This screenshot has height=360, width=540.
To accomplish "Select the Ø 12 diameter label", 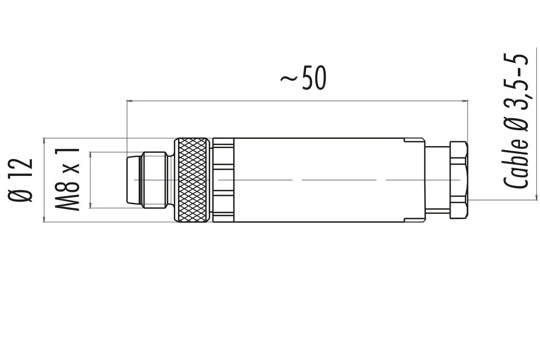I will (x=23, y=179).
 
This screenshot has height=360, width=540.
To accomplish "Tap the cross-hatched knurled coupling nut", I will (x=192, y=180).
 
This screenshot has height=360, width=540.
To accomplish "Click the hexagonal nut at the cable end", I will (x=459, y=180).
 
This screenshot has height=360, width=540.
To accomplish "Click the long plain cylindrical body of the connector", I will (x=319, y=180).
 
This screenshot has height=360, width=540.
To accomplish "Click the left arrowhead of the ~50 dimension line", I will (x=129, y=100).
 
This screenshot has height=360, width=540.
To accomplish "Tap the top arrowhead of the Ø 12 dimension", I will (x=45, y=140).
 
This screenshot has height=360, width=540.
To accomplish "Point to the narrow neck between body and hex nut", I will (x=437, y=180).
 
